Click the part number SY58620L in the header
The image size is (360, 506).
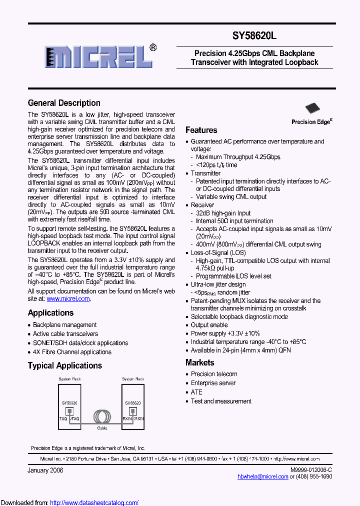(254, 36)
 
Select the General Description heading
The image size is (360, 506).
(64, 103)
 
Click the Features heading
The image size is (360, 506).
(201, 130)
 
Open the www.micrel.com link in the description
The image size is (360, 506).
(68, 298)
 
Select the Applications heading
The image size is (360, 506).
(50, 313)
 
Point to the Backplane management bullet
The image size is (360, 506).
(64, 325)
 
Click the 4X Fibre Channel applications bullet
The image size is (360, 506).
(72, 352)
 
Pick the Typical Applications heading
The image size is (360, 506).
(65, 365)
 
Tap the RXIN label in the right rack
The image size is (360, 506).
(127, 418)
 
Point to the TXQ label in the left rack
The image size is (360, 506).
(63, 418)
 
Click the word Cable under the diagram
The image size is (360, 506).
(102, 428)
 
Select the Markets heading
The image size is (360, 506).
(199, 362)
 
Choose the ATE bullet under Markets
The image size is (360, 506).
(196, 392)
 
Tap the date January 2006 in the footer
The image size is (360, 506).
(45, 470)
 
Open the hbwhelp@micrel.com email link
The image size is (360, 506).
(262, 476)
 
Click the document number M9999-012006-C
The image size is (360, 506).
(311, 470)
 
